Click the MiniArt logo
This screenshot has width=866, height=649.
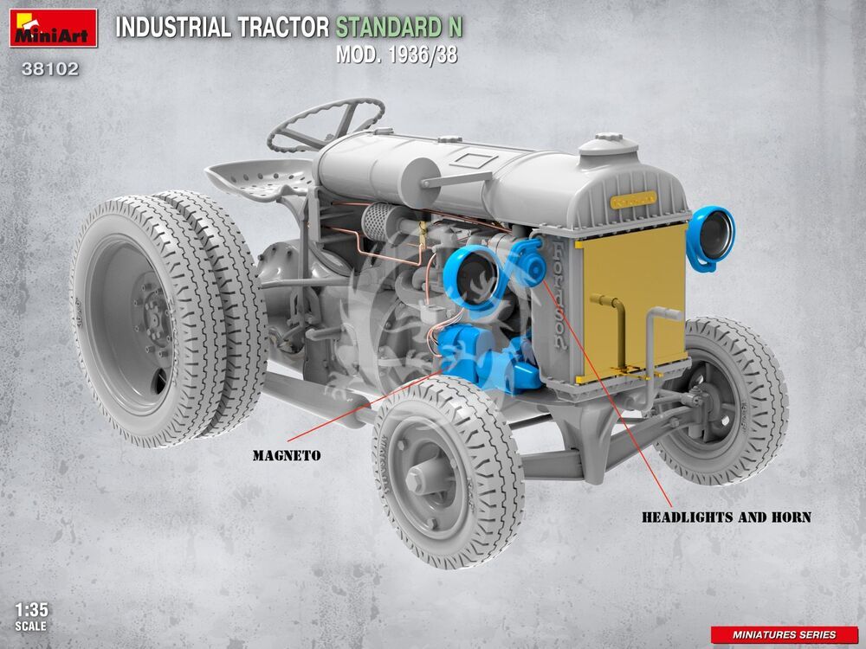[x=53, y=28]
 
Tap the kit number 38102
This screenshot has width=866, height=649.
[x=49, y=69]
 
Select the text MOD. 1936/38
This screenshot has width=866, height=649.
[x=397, y=55]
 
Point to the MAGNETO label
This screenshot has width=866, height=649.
[x=287, y=456]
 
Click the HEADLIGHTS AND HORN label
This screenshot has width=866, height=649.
[x=727, y=517]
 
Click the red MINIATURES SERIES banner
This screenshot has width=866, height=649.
[x=785, y=634]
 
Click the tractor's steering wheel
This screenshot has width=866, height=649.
[x=326, y=125]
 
